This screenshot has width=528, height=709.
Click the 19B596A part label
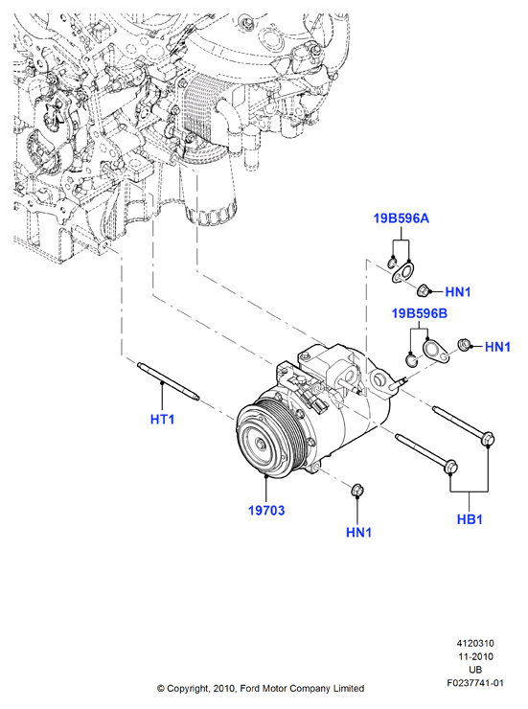(401, 218)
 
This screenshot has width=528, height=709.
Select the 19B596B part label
(419, 313)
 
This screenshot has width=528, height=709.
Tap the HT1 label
(162, 420)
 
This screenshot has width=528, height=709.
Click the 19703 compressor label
(266, 511)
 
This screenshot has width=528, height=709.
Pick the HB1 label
(470, 519)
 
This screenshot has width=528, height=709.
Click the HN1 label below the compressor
(359, 533)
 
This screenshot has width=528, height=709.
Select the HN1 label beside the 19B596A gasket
(458, 292)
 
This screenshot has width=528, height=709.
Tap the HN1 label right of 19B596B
(497, 347)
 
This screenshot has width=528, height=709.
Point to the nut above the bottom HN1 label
(357, 490)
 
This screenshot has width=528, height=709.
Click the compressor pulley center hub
(262, 445)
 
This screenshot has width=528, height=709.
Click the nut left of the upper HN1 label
(423, 290)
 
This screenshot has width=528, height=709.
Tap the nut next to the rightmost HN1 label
(464, 345)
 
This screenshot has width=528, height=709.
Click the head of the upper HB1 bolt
(488, 438)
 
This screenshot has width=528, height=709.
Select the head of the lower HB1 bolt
(450, 467)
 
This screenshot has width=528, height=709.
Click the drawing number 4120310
(475, 643)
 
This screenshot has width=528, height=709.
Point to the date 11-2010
(475, 656)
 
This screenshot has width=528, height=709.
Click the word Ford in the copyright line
(249, 689)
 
